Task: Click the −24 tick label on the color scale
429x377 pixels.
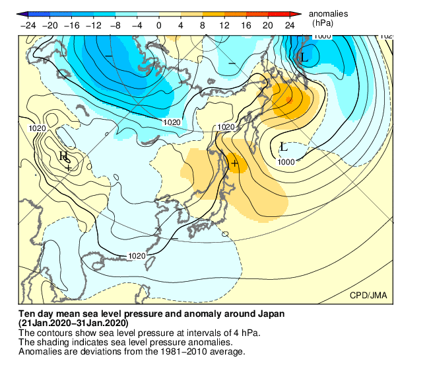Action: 28,25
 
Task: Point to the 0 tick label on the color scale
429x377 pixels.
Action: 159,25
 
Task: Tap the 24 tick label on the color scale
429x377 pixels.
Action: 289,25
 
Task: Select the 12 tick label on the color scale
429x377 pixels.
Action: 224,25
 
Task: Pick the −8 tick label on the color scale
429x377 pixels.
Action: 115,25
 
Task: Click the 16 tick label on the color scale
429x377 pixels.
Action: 246,25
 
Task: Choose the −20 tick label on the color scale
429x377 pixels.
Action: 50,25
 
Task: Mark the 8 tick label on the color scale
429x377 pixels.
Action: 203,25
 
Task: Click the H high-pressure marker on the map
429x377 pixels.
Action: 63,156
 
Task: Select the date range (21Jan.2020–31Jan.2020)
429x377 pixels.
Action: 73,323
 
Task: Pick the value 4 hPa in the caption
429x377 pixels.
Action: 246,332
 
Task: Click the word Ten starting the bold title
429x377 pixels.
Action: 27,314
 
